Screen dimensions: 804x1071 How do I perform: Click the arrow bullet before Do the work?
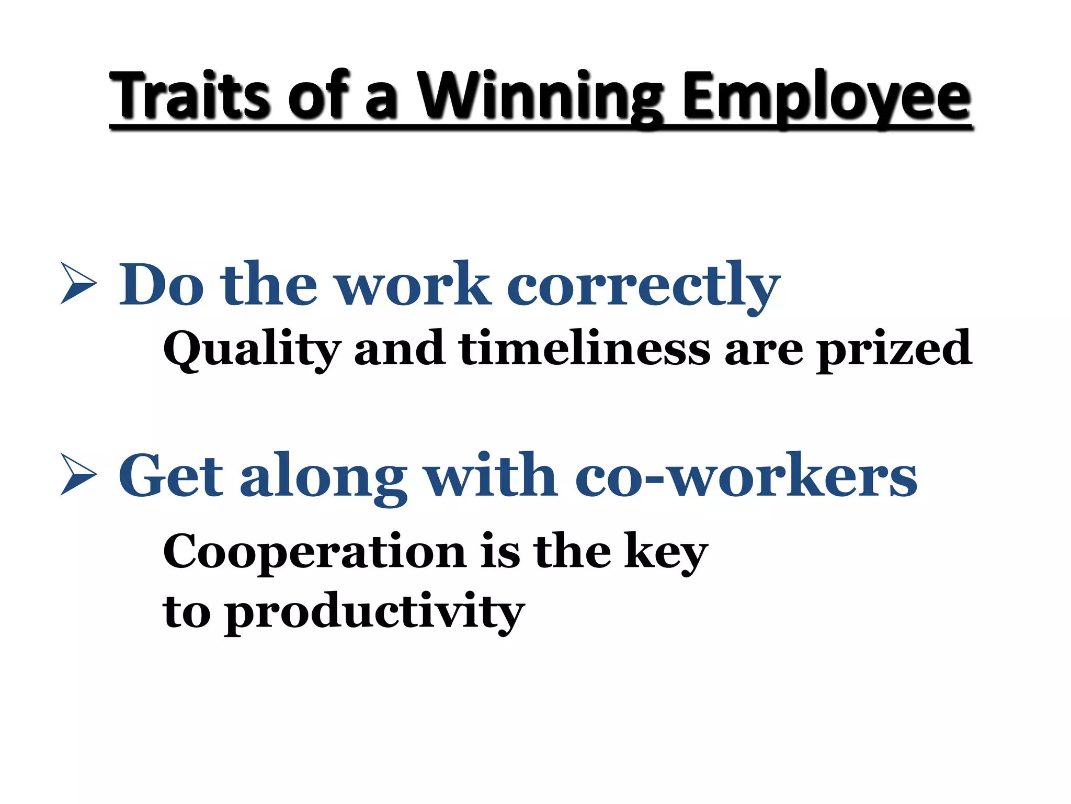coord(78,283)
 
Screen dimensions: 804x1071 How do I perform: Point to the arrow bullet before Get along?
coord(78,474)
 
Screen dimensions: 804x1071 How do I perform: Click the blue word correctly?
coord(643,285)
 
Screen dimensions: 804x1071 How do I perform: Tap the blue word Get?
coord(172,475)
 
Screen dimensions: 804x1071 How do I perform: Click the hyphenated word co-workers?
coord(746,475)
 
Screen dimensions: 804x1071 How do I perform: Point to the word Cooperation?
coord(314,552)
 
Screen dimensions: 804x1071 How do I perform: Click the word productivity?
coord(374,612)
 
